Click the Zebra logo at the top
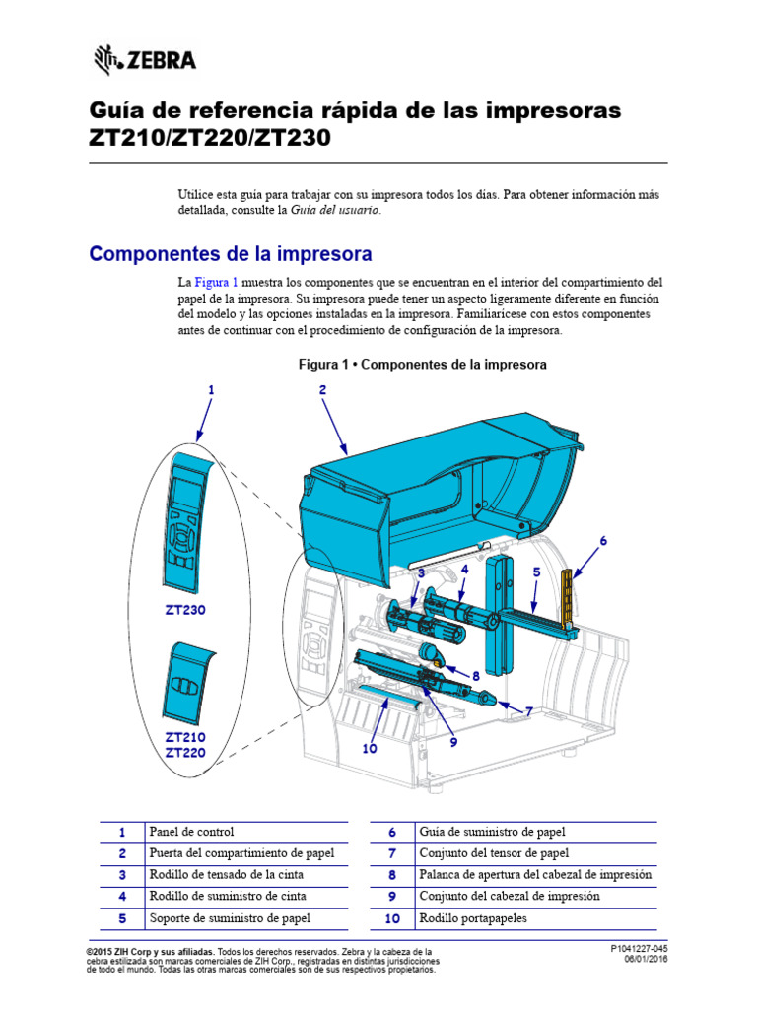point(145,61)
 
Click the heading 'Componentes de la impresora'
point(231,254)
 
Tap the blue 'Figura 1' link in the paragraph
point(216,282)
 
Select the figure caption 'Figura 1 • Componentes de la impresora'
point(422,365)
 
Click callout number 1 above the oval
point(210,390)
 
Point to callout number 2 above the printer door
point(322,390)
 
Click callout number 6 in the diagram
point(602,541)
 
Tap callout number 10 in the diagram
point(370,748)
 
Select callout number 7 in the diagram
point(528,710)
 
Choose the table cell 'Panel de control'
point(191,832)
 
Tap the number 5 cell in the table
point(122,918)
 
